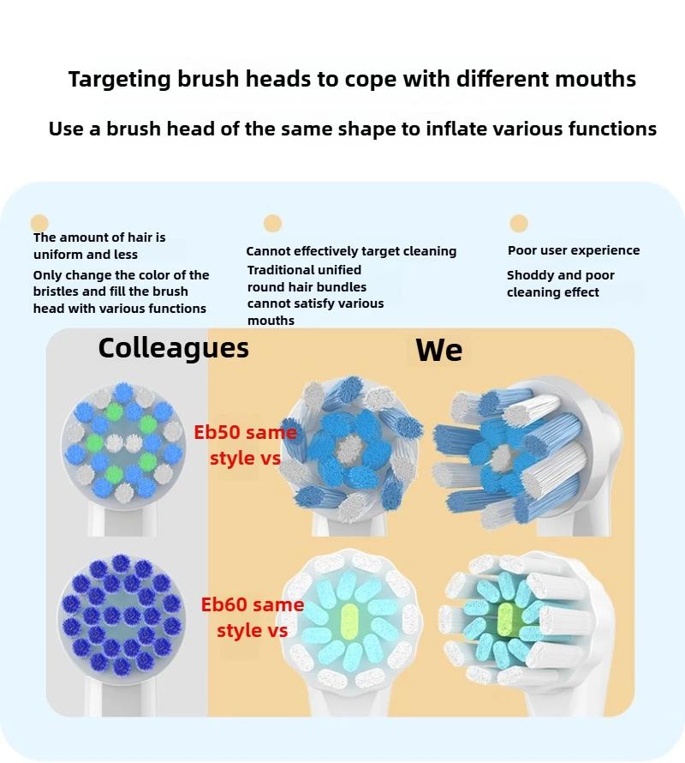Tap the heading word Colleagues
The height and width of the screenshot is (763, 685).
click(x=173, y=347)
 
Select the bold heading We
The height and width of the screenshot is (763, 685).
click(x=438, y=350)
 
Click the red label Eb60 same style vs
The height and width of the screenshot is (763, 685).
click(x=252, y=617)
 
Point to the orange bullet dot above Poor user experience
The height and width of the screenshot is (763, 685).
click(x=518, y=224)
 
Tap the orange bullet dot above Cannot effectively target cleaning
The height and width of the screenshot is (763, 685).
click(x=272, y=224)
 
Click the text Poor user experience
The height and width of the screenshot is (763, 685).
click(x=574, y=250)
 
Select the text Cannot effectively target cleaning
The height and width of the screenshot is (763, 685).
click(x=351, y=251)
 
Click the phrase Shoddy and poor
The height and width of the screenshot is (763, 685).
click(x=560, y=275)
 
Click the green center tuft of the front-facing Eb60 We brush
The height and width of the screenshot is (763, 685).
click(x=351, y=619)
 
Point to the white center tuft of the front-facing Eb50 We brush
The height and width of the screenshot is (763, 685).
click(x=349, y=447)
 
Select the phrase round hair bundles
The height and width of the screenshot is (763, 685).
click(x=307, y=287)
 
